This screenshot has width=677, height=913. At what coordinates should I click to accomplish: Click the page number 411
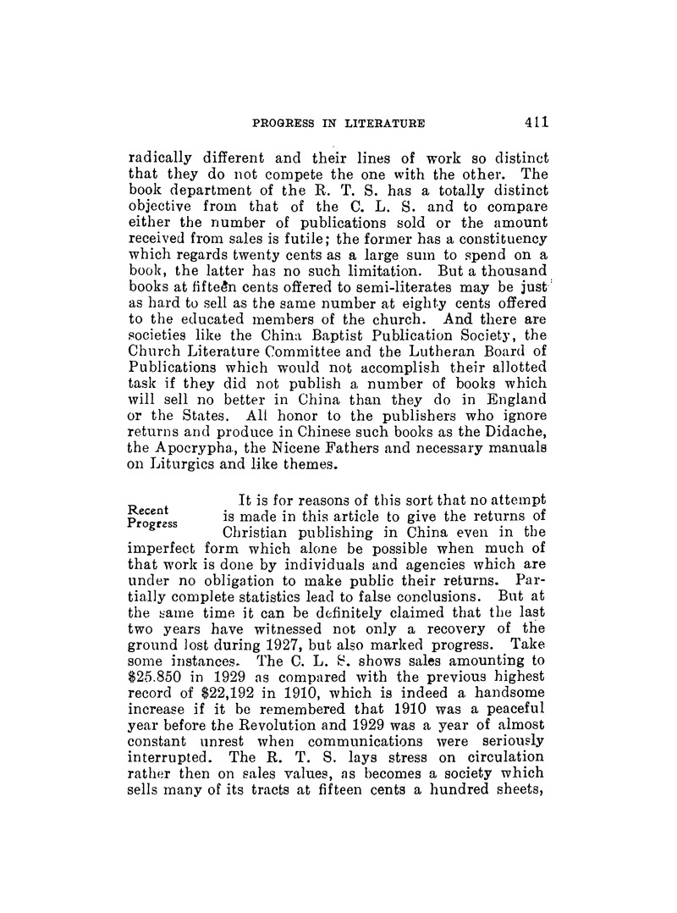pyautogui.click(x=537, y=121)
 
